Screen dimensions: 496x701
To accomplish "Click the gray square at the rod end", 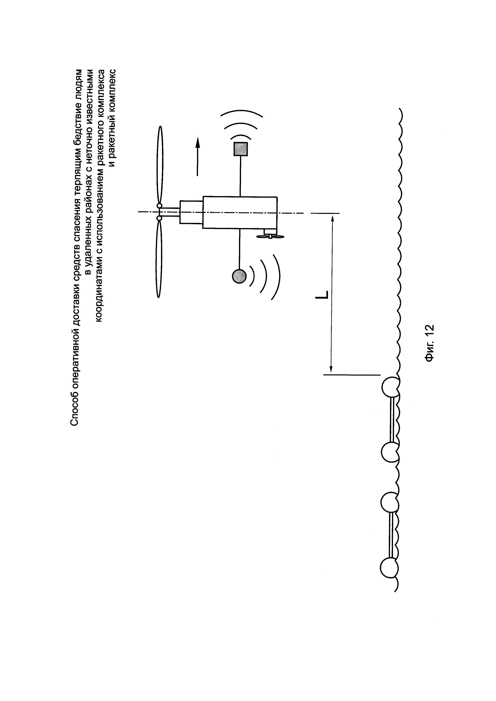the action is click(241, 149).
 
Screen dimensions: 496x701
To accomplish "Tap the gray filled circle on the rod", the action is click(239, 276).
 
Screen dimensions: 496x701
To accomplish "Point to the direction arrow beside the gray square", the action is click(198, 156).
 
